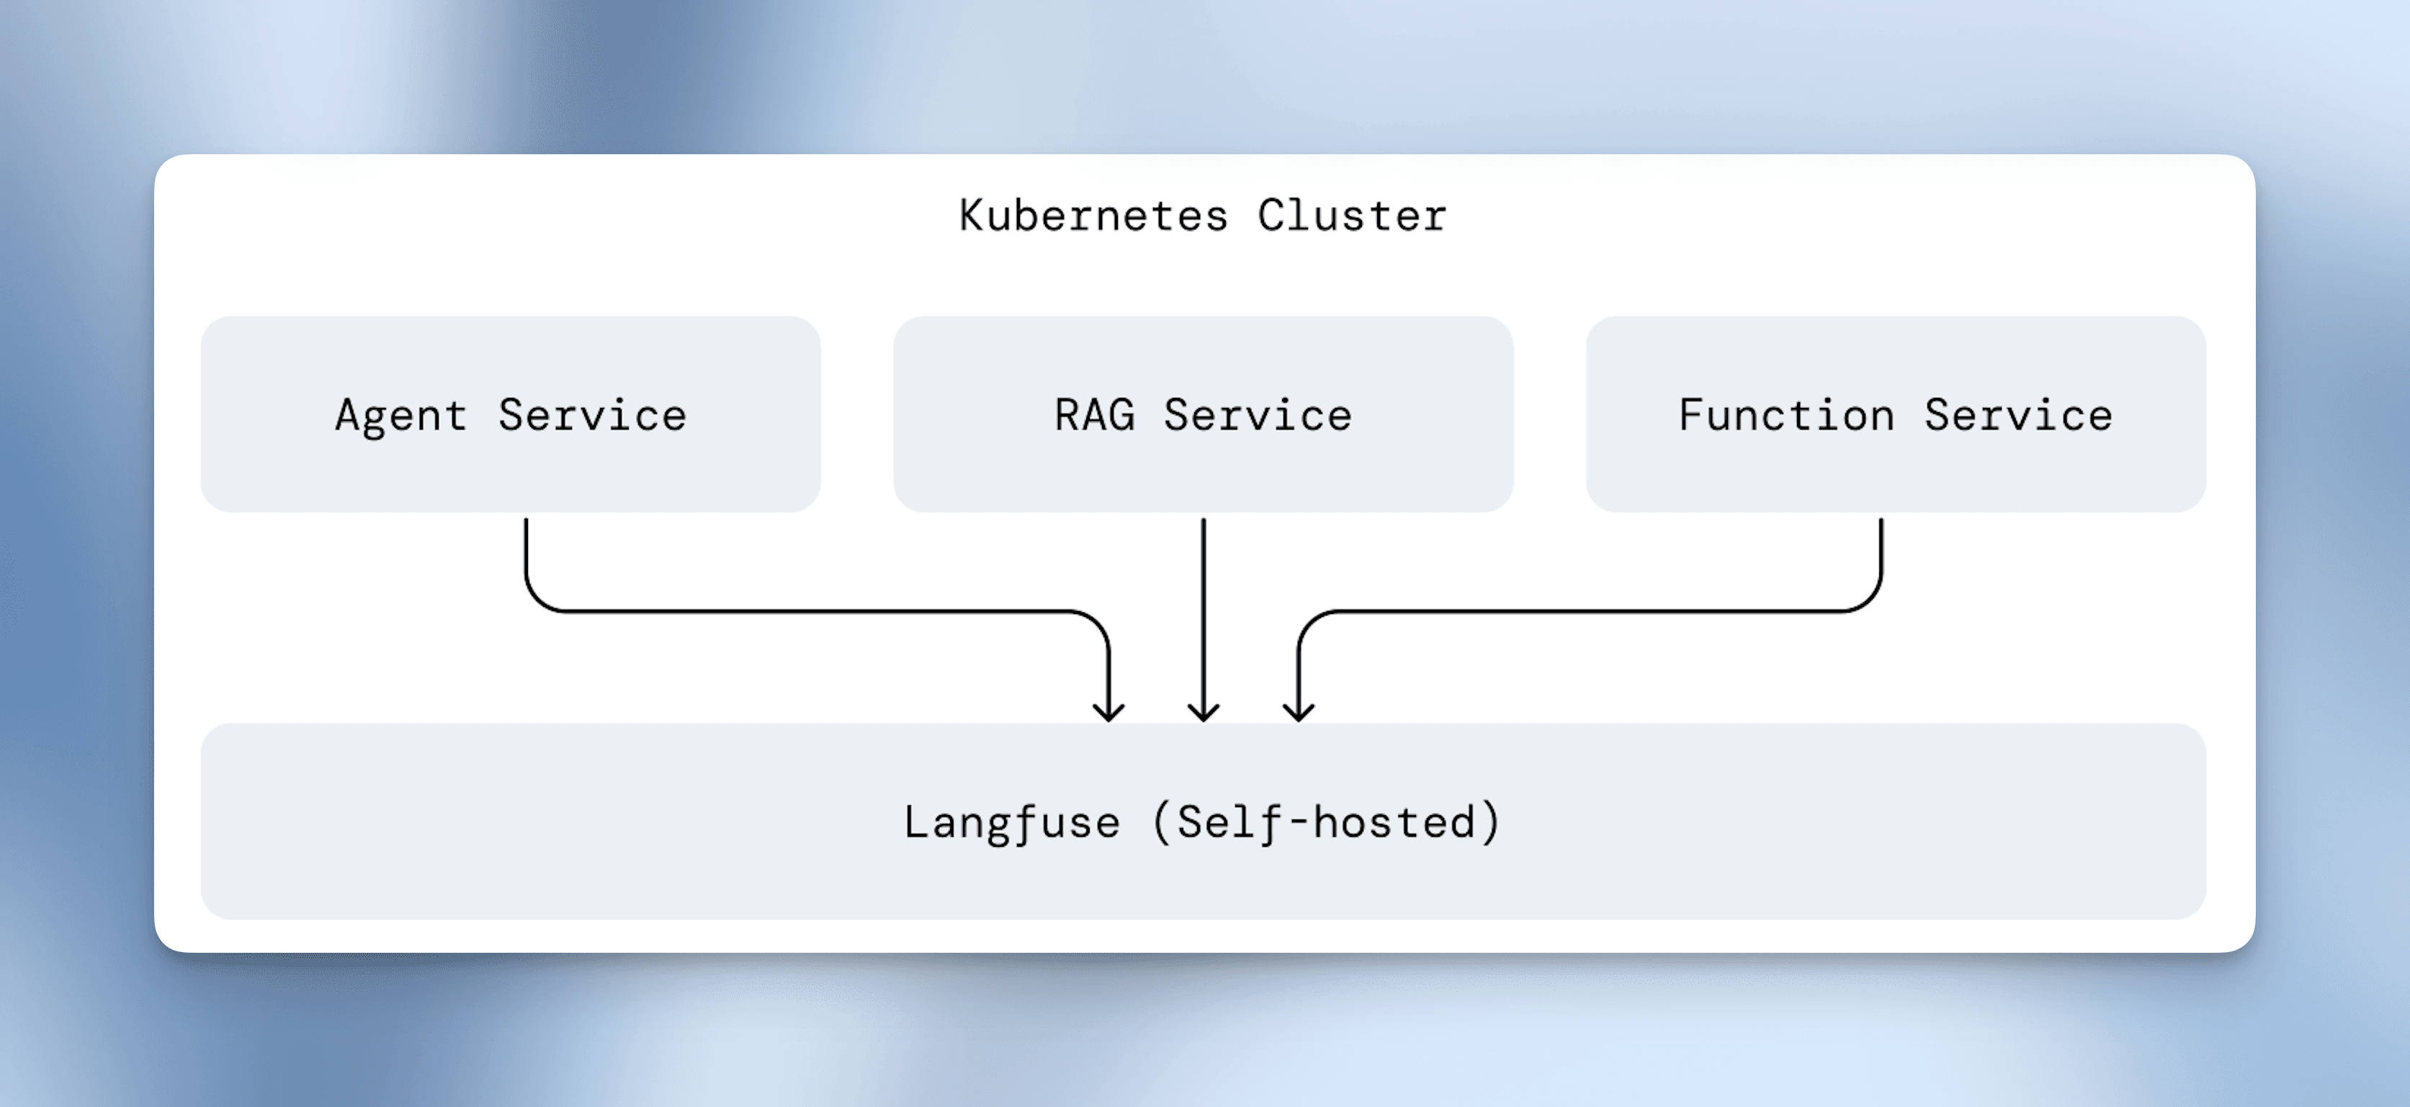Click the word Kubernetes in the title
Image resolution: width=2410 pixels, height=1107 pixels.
tap(1093, 216)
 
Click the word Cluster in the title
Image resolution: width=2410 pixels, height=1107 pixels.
tap(1352, 216)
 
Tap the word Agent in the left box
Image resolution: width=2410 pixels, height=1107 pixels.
tap(400, 415)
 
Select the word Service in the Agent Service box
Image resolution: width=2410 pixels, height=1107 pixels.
tap(592, 415)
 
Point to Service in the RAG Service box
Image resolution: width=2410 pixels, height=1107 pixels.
tap(1258, 415)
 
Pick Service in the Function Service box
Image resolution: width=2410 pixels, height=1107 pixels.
tap(2018, 415)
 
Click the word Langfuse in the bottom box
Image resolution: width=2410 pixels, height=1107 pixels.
tap(1011, 822)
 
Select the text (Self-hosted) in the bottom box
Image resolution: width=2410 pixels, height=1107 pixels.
tap(1326, 822)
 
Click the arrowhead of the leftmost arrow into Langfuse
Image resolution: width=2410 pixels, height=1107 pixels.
tap(1108, 713)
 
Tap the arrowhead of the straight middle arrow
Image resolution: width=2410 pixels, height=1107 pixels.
tap(1203, 713)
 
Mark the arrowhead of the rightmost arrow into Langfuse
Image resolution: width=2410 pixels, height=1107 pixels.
tap(1299, 713)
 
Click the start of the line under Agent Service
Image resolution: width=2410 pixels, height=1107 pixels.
tap(526, 523)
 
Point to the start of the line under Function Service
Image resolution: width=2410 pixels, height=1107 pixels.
tap(1881, 523)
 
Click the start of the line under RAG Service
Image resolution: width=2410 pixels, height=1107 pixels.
tap(1203, 523)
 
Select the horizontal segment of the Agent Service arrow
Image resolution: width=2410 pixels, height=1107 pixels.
tap(814, 611)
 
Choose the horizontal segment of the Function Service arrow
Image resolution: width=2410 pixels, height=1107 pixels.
tap(1590, 611)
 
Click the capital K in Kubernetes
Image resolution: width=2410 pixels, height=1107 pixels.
tap(970, 216)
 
